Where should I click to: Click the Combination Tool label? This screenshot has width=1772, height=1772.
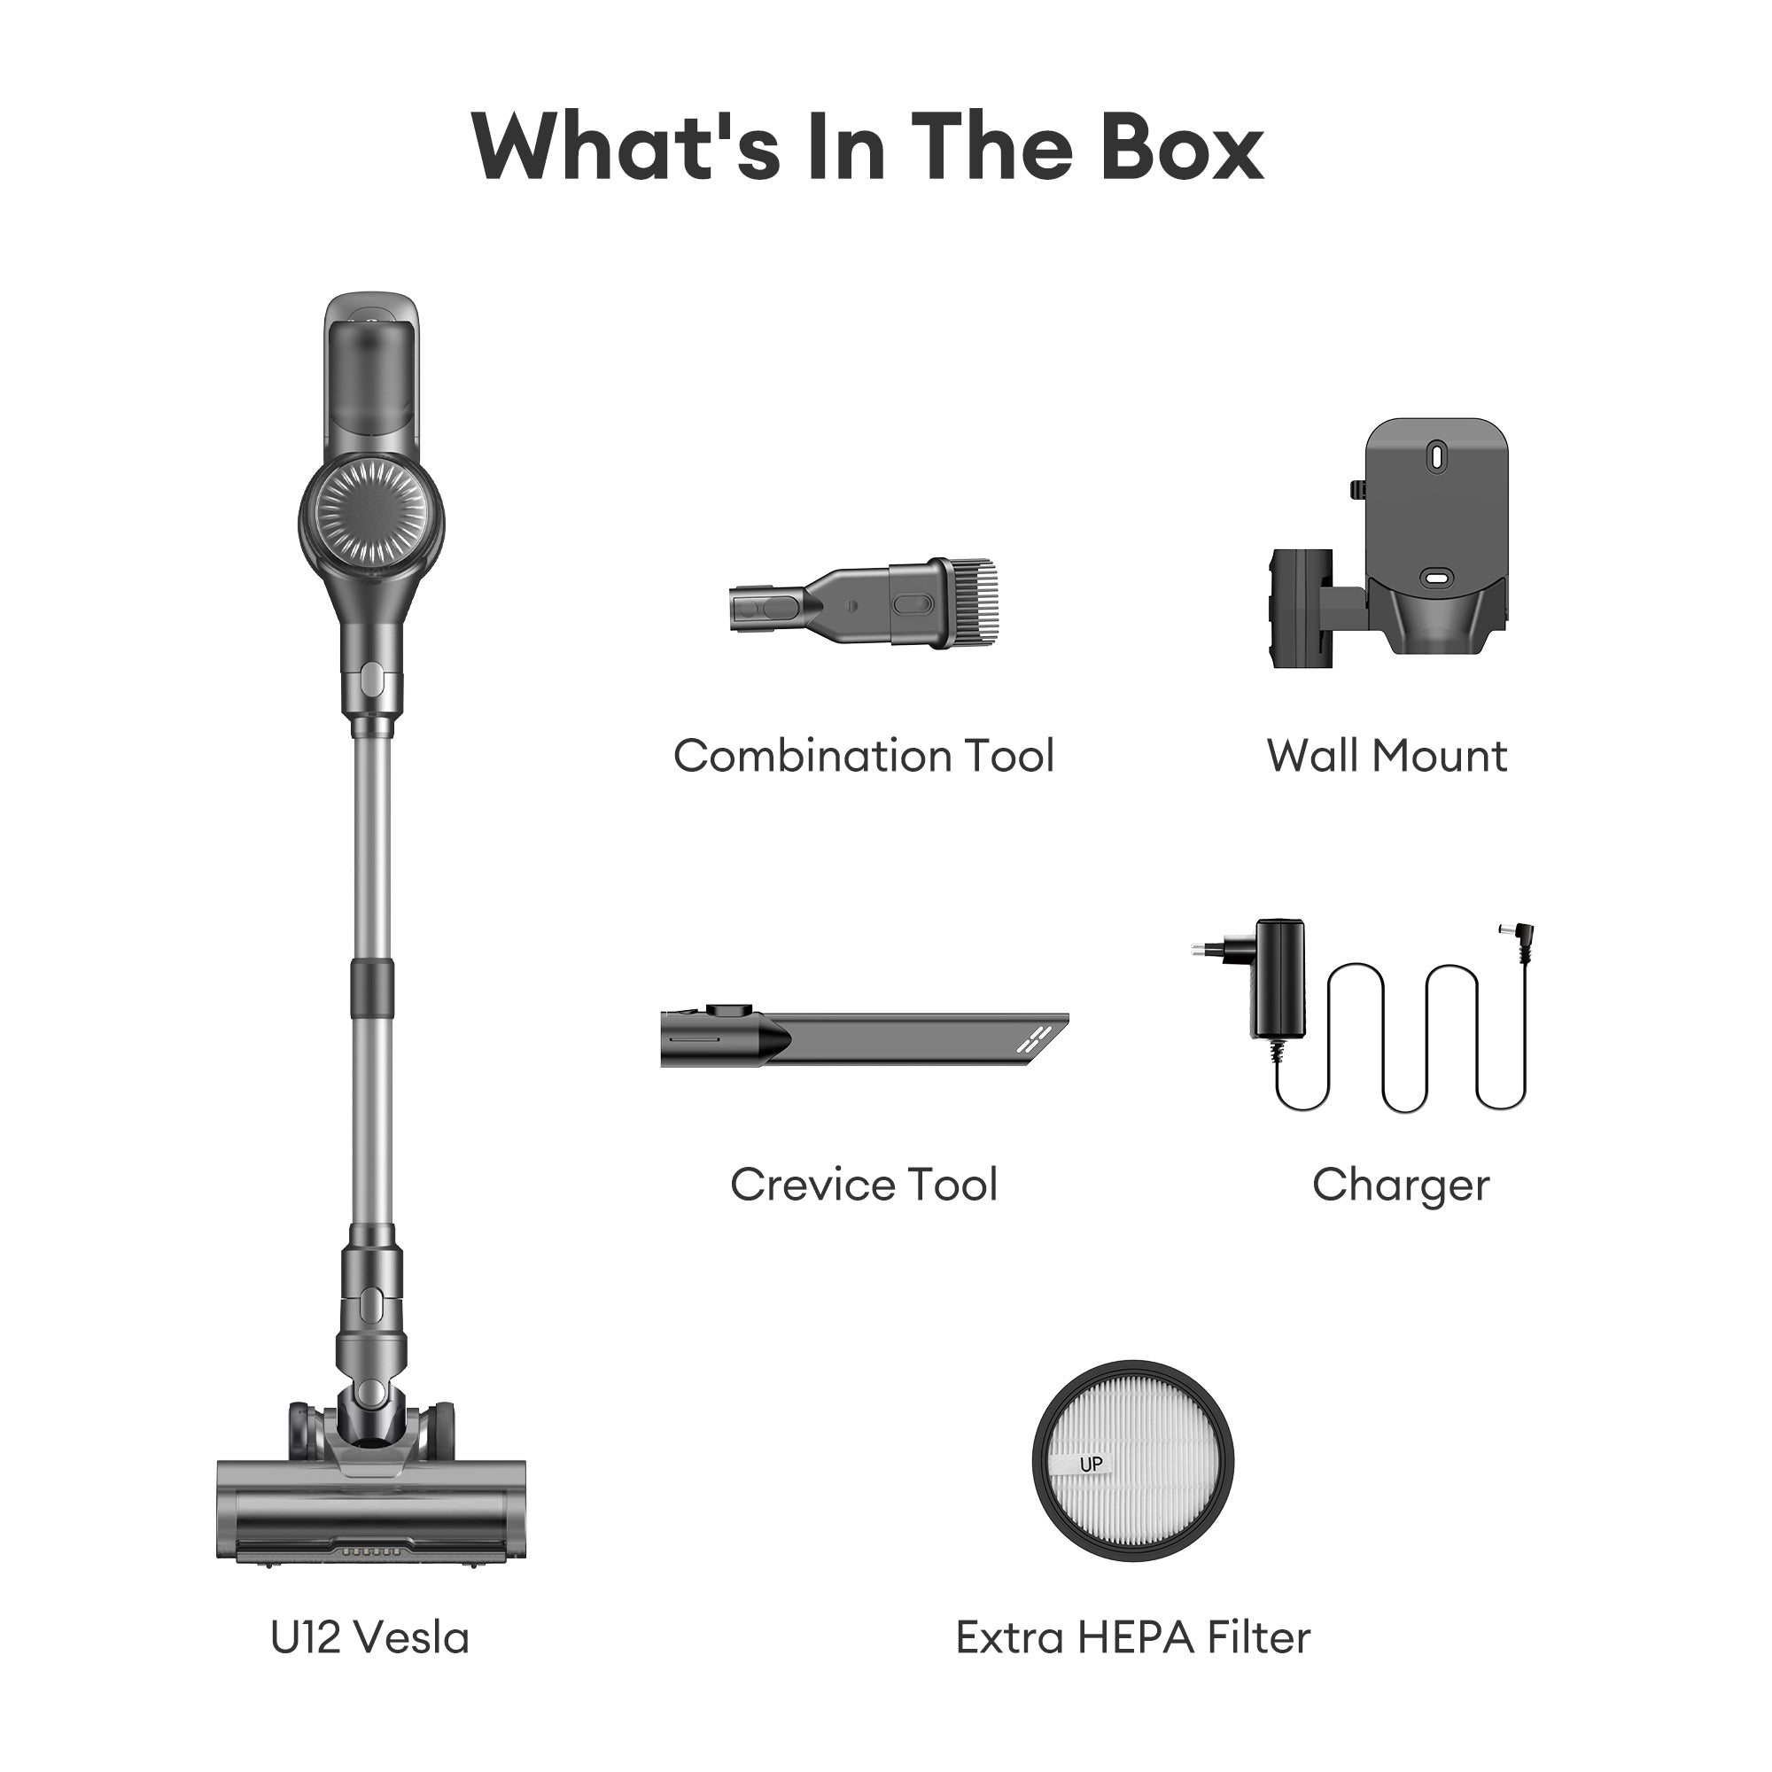pyautogui.click(x=864, y=757)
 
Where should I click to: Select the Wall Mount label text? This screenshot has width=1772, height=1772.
pyautogui.click(x=1387, y=757)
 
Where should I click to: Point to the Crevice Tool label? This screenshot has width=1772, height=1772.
pyautogui.click(x=864, y=1185)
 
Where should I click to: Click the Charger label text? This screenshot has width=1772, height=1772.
pyautogui.click(x=1401, y=1185)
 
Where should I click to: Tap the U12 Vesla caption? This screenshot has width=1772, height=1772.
pyautogui.click(x=369, y=1637)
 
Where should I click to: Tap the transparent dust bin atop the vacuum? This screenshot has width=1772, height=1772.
pyautogui.click(x=371, y=376)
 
